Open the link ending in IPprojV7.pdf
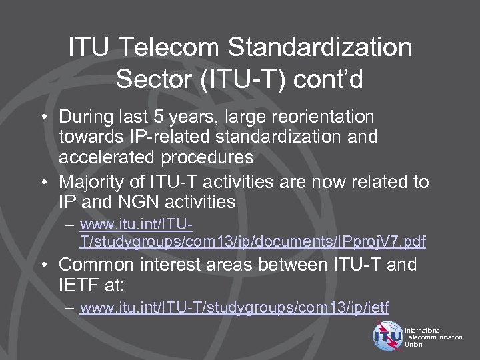253,240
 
